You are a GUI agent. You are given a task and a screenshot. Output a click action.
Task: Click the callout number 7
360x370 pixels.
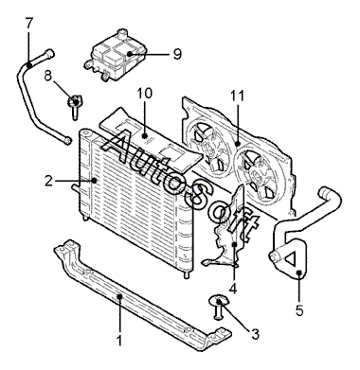(x=29, y=23)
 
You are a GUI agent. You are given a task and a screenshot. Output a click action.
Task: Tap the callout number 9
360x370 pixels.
(x=177, y=54)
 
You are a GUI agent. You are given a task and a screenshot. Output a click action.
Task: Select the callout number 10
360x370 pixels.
(x=144, y=94)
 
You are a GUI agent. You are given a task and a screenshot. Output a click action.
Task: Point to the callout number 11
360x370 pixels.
(x=237, y=96)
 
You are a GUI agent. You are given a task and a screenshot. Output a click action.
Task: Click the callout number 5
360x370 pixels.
(x=299, y=310)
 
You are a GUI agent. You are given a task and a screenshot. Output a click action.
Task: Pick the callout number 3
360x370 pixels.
(x=255, y=334)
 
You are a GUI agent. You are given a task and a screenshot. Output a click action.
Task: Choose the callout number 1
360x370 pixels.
(x=119, y=341)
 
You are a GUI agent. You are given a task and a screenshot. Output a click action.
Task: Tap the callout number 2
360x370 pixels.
(x=48, y=181)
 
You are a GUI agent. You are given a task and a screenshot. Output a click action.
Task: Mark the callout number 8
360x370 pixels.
(x=47, y=76)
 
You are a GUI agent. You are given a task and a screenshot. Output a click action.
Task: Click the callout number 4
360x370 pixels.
(x=233, y=288)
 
